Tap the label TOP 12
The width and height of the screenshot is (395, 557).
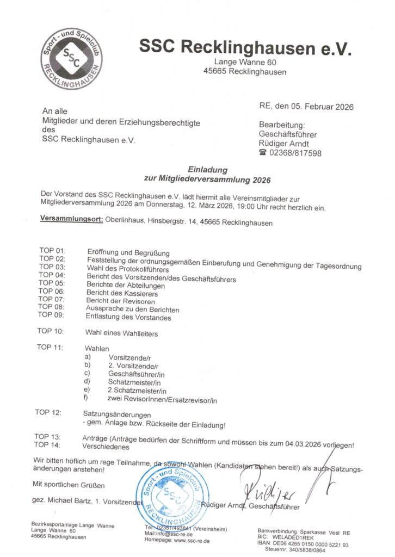[48, 413]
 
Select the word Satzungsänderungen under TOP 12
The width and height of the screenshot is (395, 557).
[109, 415]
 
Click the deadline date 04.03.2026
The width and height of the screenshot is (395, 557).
[303, 443]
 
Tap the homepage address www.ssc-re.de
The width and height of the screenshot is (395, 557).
[192, 541]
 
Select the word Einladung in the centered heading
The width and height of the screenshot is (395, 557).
[207, 170]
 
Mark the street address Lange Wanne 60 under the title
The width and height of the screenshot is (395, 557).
[245, 63]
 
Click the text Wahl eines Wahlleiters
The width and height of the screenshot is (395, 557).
[121, 333]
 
